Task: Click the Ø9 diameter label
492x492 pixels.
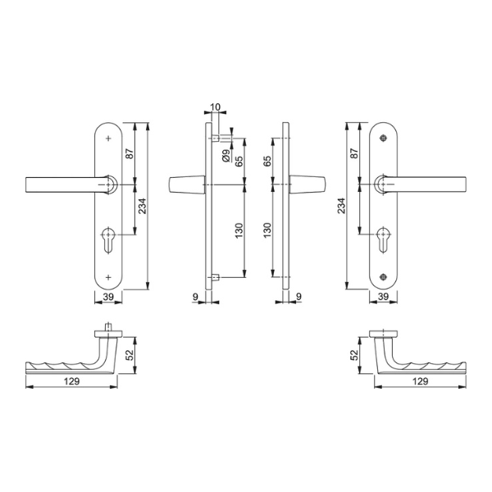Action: pyautogui.click(x=225, y=156)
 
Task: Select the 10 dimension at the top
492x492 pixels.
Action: pyautogui.click(x=215, y=107)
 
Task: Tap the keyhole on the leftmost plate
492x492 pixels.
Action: pyautogui.click(x=108, y=239)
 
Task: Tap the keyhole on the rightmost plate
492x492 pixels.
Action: pyautogui.click(x=384, y=239)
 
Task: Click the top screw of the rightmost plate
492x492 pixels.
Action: pyautogui.click(x=383, y=138)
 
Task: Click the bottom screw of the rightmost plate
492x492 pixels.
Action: pyautogui.click(x=383, y=277)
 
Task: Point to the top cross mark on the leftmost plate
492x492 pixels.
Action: pyautogui.click(x=108, y=138)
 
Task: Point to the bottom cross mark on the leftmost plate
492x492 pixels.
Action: pyautogui.click(x=108, y=277)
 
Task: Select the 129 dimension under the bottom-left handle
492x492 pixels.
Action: pyautogui.click(x=72, y=381)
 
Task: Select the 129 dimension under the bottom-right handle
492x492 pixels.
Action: pyautogui.click(x=421, y=381)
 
